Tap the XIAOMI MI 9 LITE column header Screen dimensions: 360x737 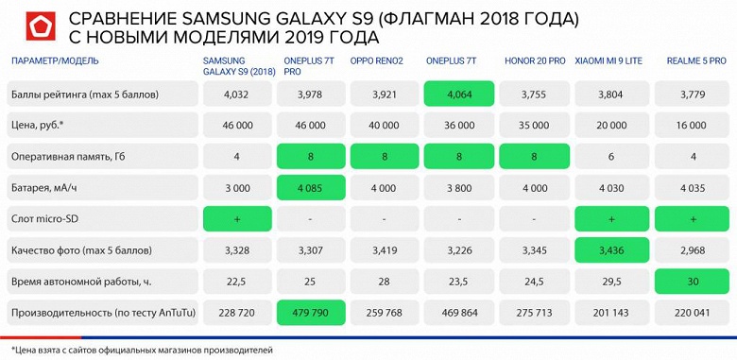pyautogui.click(x=608, y=60)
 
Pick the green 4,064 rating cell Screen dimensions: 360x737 pyautogui.click(x=459, y=94)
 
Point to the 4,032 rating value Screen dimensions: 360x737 pyautogui.click(x=236, y=94)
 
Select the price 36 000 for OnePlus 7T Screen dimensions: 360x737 pyautogui.click(x=459, y=125)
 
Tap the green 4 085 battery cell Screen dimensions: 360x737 pyautogui.click(x=310, y=187)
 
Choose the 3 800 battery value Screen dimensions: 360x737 pyautogui.click(x=459, y=187)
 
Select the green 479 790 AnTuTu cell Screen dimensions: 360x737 pyautogui.click(x=310, y=312)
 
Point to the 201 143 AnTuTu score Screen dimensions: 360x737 pyautogui.click(x=608, y=312)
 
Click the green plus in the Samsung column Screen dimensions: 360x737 pyautogui.click(x=236, y=218)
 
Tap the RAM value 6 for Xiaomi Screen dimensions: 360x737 pyautogui.click(x=608, y=156)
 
